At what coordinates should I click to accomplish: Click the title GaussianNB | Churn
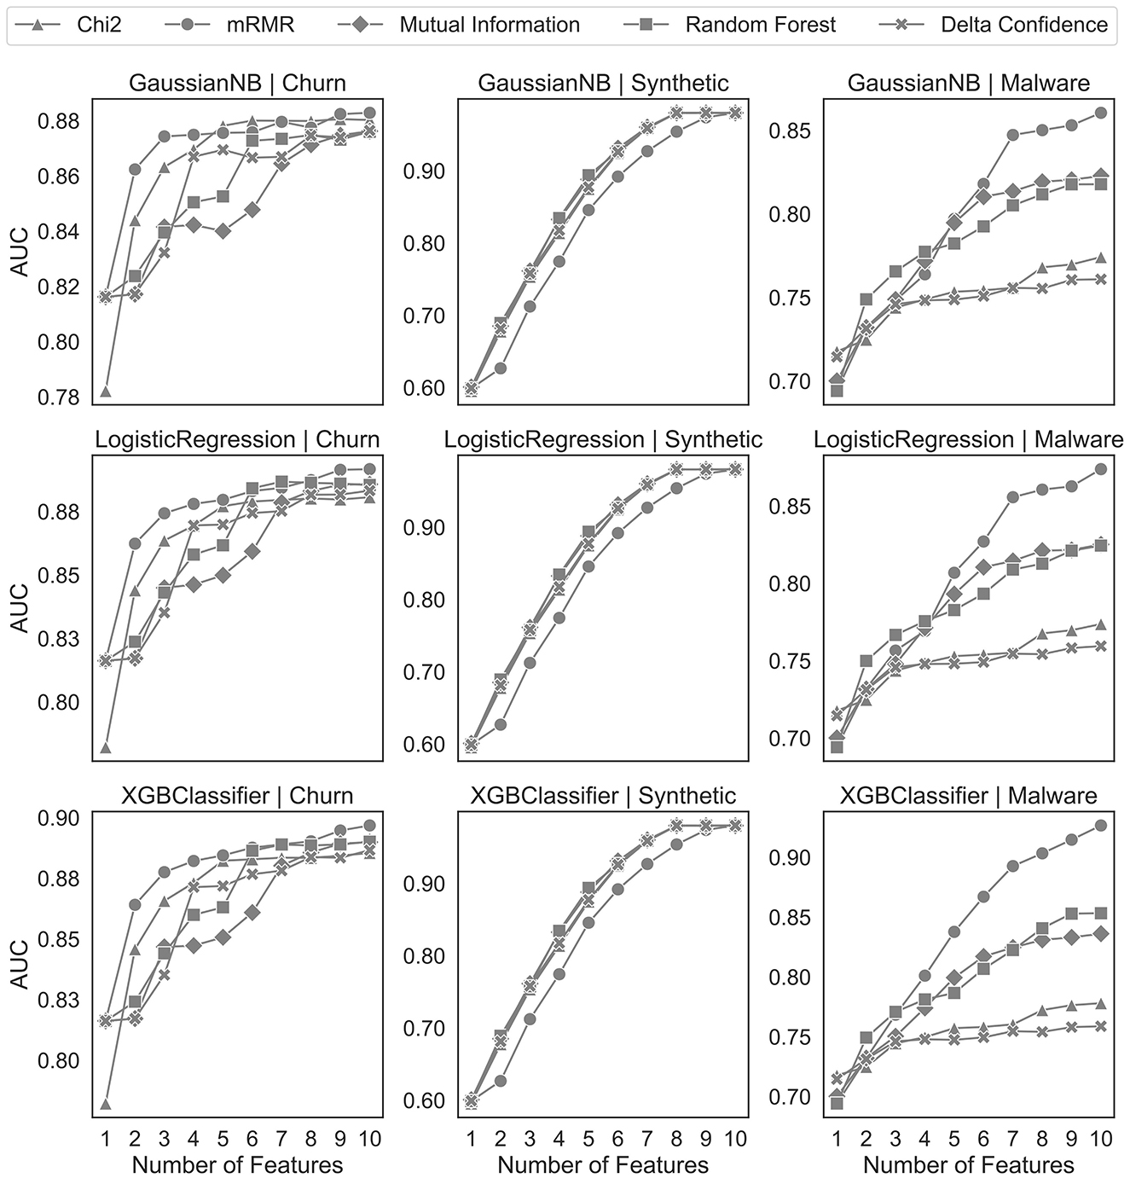click(x=237, y=83)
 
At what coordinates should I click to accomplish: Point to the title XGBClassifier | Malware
click(x=968, y=796)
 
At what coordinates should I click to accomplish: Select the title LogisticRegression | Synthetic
click(x=603, y=439)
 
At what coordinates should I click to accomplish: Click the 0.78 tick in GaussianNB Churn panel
click(x=59, y=398)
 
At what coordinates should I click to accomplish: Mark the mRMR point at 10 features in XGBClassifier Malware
click(x=1100, y=825)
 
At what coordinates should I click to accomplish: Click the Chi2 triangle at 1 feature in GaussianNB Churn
click(x=106, y=392)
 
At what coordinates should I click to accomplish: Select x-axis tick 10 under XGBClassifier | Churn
click(x=369, y=1138)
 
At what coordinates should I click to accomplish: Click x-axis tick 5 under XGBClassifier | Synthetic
click(x=588, y=1138)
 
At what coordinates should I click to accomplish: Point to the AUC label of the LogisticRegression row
click(x=19, y=608)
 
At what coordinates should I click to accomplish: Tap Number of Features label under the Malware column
click(x=968, y=1164)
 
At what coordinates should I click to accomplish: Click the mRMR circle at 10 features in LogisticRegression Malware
click(x=1100, y=469)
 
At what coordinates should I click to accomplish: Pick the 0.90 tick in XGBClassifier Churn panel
click(x=59, y=818)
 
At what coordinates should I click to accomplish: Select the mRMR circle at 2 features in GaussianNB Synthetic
click(x=501, y=368)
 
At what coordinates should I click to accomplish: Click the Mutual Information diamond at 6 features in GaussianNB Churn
click(x=252, y=209)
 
